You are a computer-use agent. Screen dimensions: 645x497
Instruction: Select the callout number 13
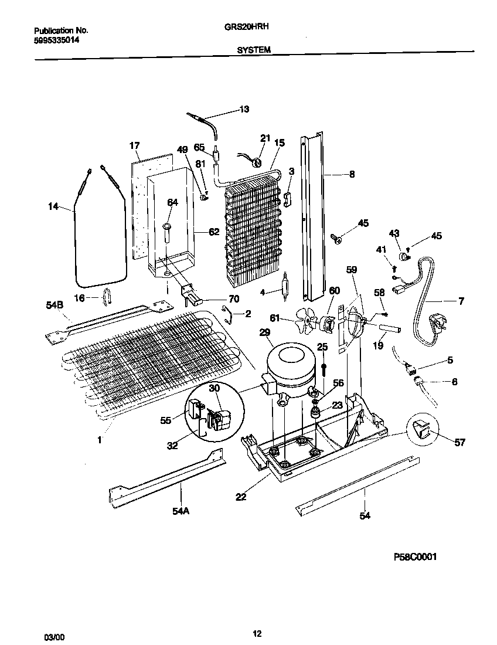point(244,109)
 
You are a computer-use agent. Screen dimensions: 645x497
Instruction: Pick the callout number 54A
point(181,511)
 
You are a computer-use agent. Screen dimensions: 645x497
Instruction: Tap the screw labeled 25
point(323,368)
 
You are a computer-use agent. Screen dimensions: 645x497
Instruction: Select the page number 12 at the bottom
point(257,633)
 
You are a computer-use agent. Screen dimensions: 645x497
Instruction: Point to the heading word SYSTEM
point(253,50)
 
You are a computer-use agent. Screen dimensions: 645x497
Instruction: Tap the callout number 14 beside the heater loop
point(54,206)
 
